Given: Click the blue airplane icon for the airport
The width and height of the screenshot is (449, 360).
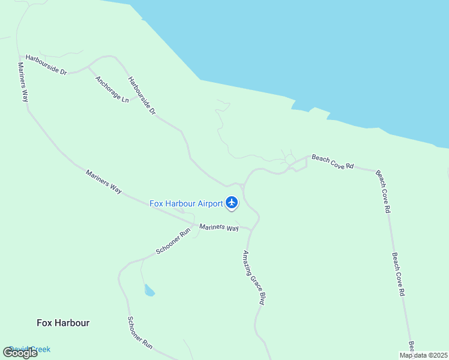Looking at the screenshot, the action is click(232, 203).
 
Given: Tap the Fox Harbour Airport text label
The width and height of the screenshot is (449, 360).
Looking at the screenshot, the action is click(186, 203).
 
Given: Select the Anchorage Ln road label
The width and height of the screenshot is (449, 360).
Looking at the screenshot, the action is click(112, 89).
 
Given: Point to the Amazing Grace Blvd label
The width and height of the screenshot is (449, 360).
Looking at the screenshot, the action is click(253, 278).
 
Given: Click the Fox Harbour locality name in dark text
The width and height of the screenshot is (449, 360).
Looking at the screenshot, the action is click(63, 323).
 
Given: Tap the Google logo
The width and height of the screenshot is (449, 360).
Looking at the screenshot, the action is click(20, 353).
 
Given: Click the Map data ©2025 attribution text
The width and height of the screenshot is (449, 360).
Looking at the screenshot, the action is click(423, 355).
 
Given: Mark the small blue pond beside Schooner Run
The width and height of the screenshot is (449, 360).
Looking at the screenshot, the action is click(149, 291).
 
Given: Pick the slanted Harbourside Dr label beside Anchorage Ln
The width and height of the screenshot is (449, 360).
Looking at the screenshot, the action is click(142, 95).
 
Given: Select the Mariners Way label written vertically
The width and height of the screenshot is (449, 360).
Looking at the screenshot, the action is click(23, 82).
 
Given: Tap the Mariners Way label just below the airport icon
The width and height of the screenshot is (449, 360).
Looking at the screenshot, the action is click(219, 227).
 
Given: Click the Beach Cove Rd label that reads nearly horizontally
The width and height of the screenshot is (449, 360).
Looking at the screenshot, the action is click(333, 162).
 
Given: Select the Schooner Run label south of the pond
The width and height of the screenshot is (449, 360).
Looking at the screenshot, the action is click(140, 333).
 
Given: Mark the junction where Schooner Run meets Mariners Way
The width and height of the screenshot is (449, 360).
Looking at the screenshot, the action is click(194, 226).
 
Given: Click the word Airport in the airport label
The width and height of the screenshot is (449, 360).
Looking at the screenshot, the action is click(209, 203).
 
